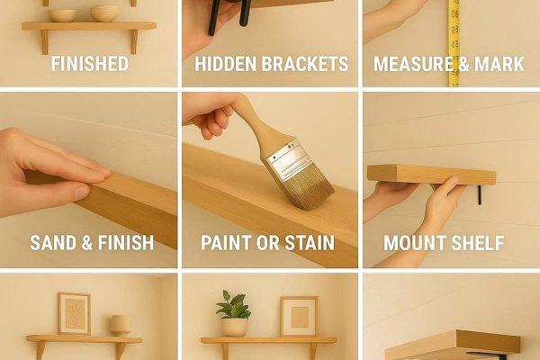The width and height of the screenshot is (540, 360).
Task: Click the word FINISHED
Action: (89, 64)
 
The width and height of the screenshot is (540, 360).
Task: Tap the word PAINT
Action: (226, 243)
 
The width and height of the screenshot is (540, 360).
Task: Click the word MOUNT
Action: (415, 243)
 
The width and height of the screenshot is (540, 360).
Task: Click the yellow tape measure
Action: (454, 40)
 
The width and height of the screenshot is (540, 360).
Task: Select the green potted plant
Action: (234, 308)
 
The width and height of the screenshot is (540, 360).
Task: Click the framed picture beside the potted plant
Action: (298, 316)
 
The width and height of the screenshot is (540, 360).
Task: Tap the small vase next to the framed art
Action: (120, 324)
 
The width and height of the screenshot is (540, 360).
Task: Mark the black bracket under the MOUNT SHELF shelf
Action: (481, 194)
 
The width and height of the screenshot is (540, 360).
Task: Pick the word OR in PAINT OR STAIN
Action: (267, 243)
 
